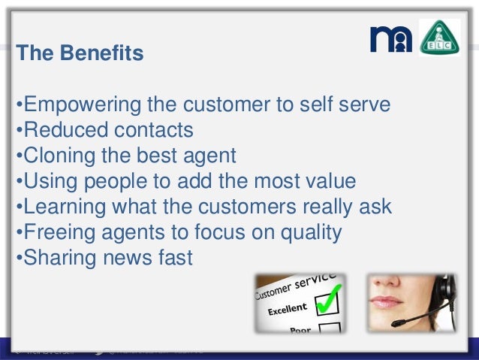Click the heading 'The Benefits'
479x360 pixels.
(x=80, y=54)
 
